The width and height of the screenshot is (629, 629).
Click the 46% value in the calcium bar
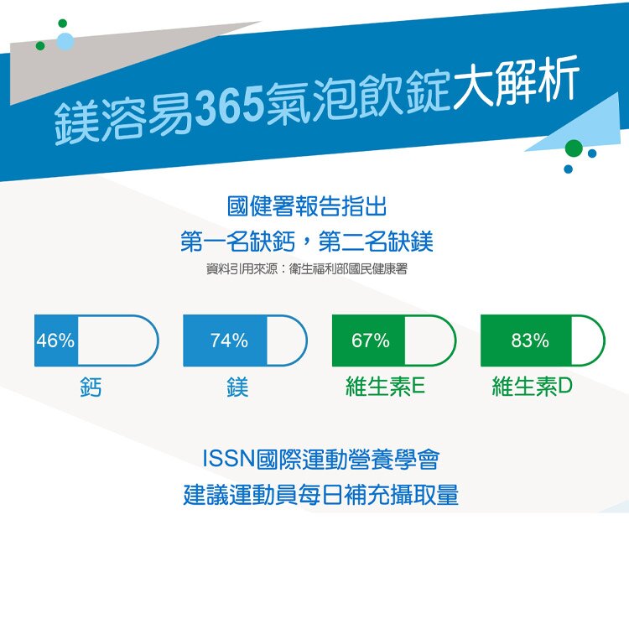(x=55, y=340)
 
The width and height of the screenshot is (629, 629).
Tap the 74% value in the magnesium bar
(x=230, y=340)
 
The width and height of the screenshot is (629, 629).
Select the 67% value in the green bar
(x=370, y=340)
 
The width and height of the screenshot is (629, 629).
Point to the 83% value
(x=530, y=340)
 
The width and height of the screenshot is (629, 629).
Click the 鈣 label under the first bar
(x=91, y=387)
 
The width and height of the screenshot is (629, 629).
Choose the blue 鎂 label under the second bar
(x=237, y=387)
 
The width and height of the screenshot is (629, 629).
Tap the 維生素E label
(x=385, y=387)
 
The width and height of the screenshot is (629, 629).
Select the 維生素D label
(x=532, y=387)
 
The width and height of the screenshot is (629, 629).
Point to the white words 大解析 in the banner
(x=517, y=83)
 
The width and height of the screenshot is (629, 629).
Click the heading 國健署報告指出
(x=307, y=206)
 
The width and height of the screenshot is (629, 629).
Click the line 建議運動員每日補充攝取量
(x=321, y=495)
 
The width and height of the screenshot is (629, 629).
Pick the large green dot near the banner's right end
(x=574, y=148)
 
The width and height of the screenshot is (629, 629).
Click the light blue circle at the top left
(x=65, y=42)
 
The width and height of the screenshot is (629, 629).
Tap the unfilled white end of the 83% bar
(x=587, y=340)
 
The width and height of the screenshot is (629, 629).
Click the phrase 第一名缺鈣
(x=237, y=242)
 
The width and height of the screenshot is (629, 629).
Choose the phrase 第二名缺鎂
(x=376, y=242)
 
